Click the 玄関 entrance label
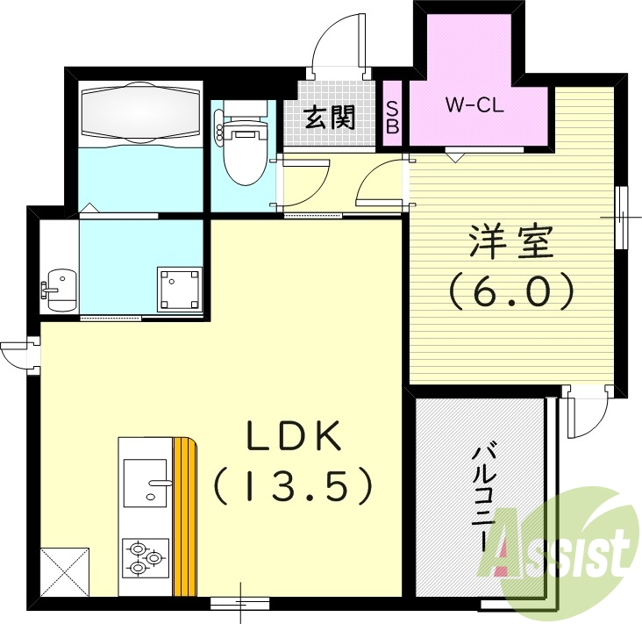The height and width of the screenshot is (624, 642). click(x=330, y=117)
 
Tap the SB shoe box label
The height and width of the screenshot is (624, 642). click(x=393, y=117)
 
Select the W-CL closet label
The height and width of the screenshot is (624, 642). click(x=473, y=107)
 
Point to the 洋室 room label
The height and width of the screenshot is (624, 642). click(x=511, y=242)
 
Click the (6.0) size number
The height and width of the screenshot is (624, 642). click(x=512, y=290)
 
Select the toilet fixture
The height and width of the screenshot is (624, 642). click(x=243, y=147)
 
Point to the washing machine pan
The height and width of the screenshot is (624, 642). click(x=180, y=289)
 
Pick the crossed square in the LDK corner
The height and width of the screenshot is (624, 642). click(x=64, y=571)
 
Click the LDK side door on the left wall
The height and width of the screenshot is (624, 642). click(x=19, y=355)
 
